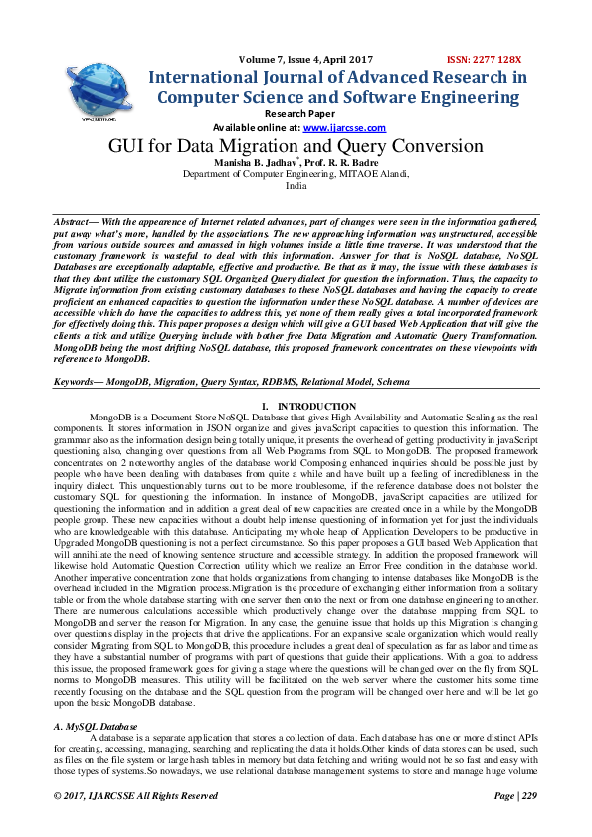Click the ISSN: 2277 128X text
point(488,59)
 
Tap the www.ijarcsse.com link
point(331,128)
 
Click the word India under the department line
point(296,185)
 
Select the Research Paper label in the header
point(296,114)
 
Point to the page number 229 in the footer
point(528,796)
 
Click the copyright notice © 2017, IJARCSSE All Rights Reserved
point(135,796)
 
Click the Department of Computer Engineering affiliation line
point(296,173)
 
